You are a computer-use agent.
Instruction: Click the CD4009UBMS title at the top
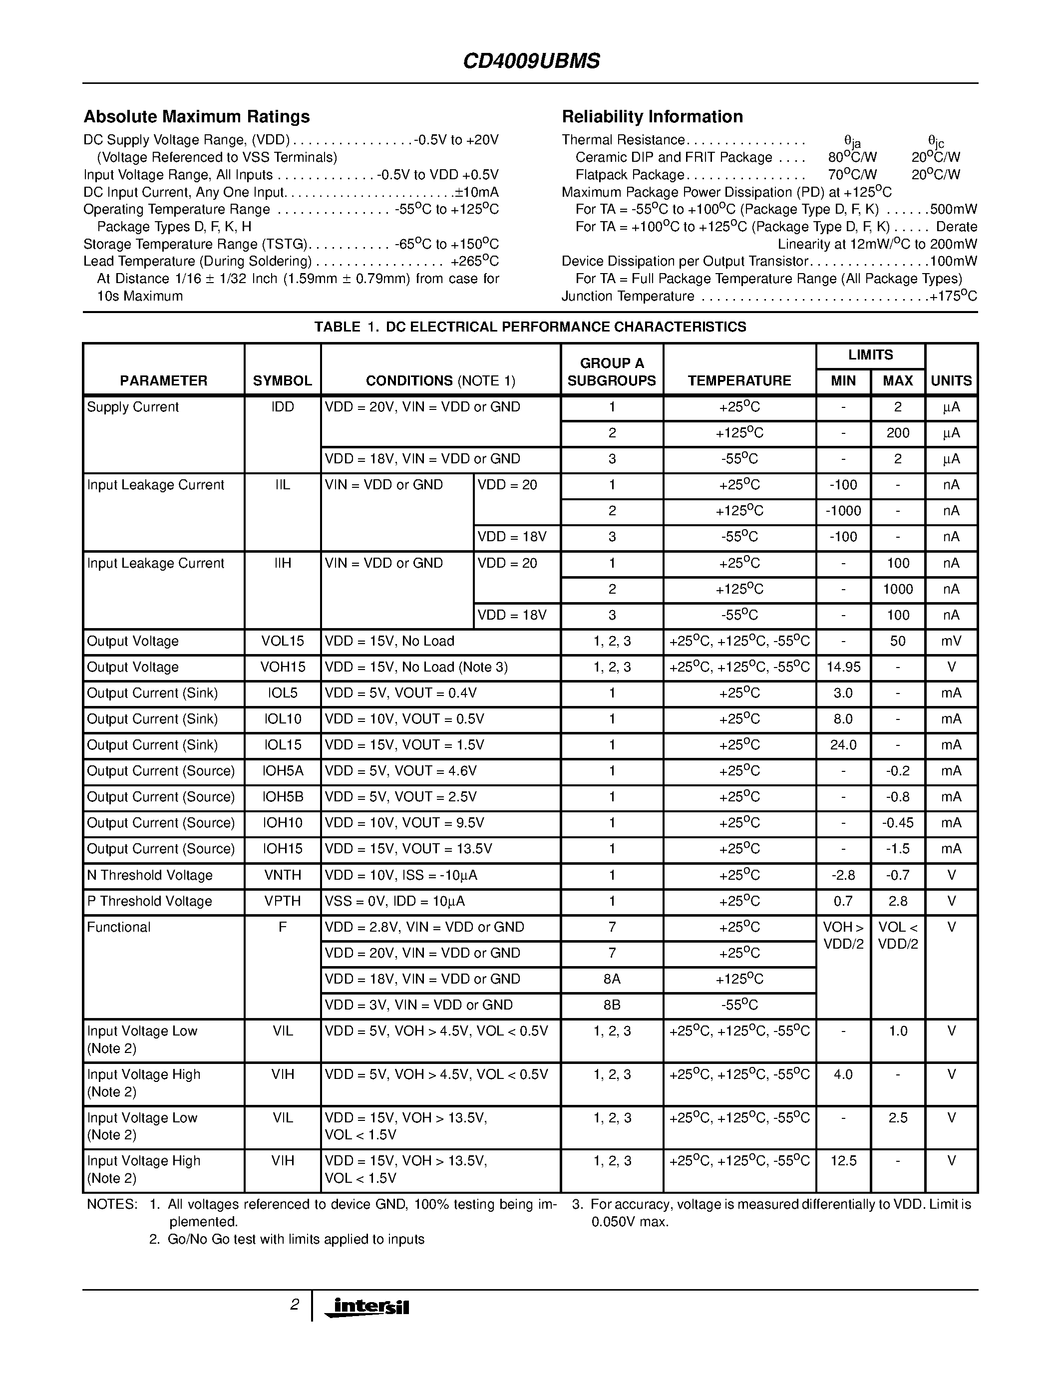coord(531,61)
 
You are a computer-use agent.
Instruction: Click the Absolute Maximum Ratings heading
coord(196,117)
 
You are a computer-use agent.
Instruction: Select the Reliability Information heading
coord(652,117)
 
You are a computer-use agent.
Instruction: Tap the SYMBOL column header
coord(282,381)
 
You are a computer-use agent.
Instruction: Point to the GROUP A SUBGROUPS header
coord(612,372)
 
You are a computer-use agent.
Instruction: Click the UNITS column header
coord(951,381)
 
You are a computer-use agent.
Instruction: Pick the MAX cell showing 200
coord(898,433)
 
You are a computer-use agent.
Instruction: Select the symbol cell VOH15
coord(282,667)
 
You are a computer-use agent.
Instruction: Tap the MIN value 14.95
coord(843,667)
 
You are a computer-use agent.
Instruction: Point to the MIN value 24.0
coord(843,745)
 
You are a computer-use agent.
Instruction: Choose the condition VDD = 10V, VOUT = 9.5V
coord(404,823)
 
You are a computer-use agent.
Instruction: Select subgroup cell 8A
coord(612,980)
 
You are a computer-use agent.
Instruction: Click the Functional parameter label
coord(119,927)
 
